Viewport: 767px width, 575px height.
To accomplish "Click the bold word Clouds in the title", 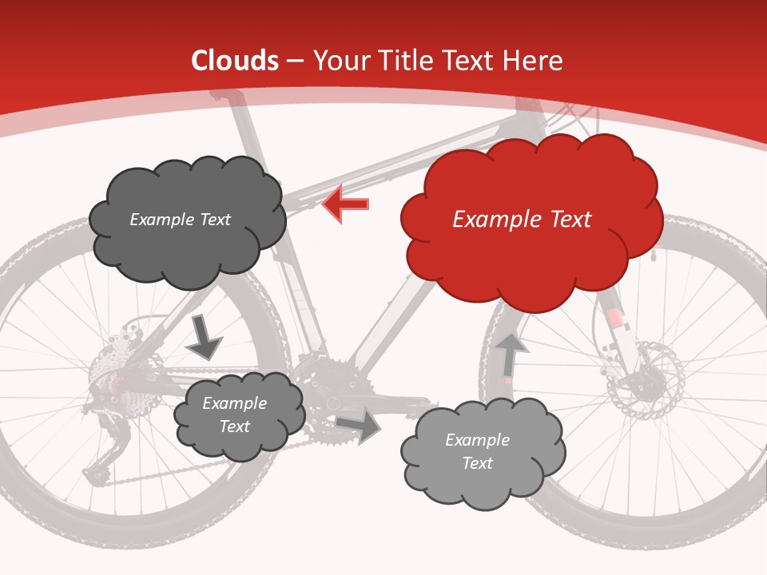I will click(x=235, y=61).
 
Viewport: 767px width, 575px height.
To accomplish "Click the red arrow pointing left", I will click(x=346, y=204).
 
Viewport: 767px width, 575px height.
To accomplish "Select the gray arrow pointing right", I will click(x=360, y=426).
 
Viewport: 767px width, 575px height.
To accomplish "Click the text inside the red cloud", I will click(x=522, y=220).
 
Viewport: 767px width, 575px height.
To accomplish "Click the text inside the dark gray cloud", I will click(x=180, y=220).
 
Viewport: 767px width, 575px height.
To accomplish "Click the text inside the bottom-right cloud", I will click(x=477, y=451).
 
